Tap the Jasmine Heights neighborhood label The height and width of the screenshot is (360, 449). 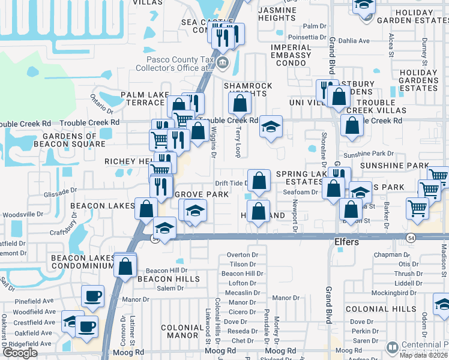click(277, 14)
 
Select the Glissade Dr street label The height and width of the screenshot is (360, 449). click(61, 190)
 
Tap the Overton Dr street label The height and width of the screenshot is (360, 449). click(242, 255)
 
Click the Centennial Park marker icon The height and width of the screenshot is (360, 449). click(392, 347)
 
